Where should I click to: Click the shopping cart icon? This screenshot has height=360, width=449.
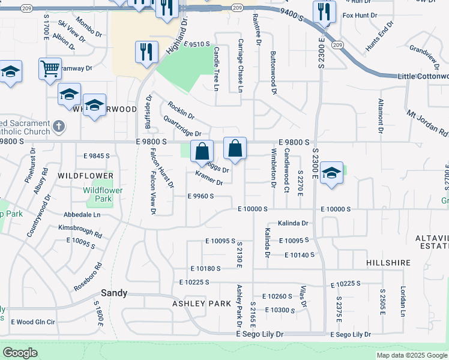click(x=50, y=68)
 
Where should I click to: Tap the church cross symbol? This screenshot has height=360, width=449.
click(x=58, y=127)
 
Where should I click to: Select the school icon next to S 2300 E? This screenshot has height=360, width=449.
click(x=331, y=173)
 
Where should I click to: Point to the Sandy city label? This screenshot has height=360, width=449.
click(x=113, y=293)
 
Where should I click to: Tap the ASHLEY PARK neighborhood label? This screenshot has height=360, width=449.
click(x=201, y=304)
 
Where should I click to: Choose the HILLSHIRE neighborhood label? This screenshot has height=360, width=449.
click(x=388, y=263)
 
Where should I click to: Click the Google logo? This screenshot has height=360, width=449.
click(x=20, y=353)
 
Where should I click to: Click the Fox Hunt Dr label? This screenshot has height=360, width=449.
click(x=359, y=15)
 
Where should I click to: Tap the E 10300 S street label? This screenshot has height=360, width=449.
click(x=279, y=310)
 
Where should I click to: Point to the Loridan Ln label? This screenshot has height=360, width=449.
click(x=403, y=301)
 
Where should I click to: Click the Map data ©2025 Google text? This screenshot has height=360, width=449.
click(x=411, y=355)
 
